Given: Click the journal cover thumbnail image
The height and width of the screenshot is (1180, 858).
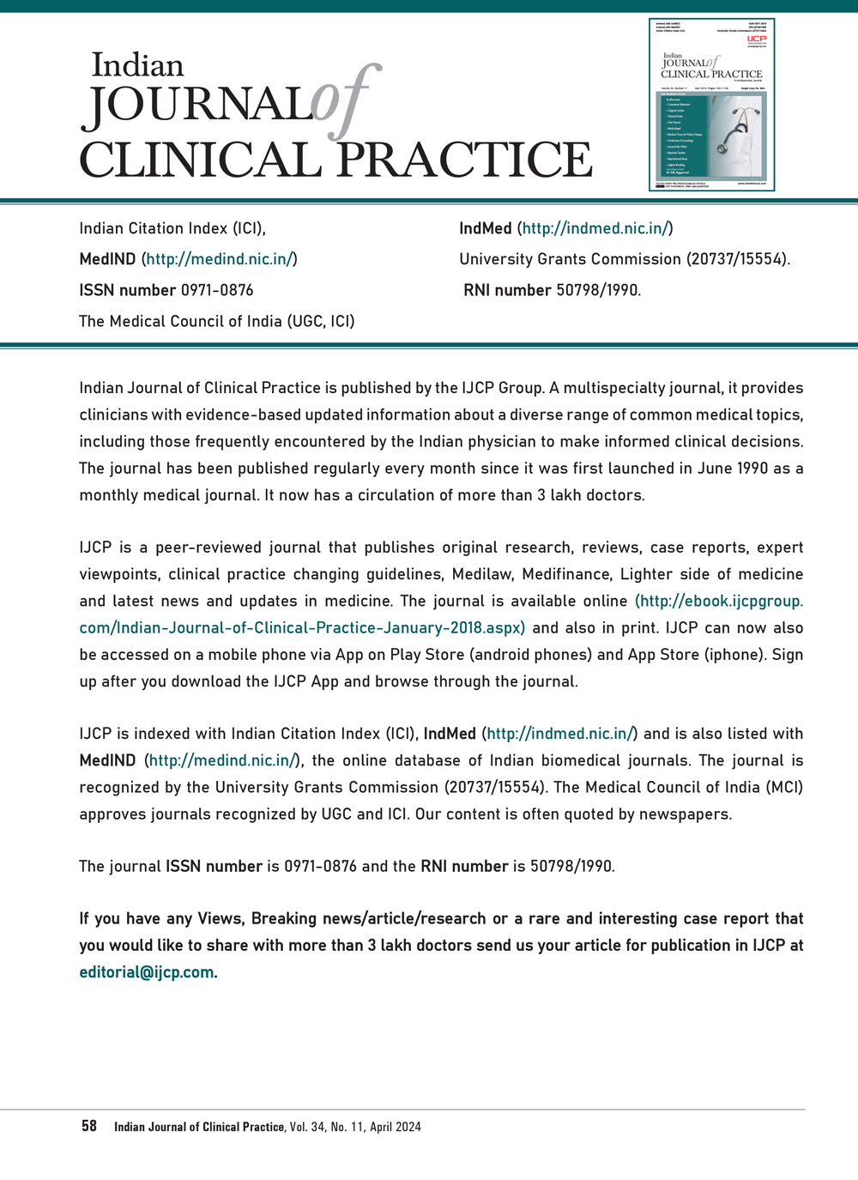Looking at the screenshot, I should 711,105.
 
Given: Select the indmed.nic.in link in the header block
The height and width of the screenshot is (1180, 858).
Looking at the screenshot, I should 595,228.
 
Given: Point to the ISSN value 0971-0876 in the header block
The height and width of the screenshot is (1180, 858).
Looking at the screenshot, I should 217,290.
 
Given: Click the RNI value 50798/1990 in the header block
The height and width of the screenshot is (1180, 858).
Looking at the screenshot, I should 597,290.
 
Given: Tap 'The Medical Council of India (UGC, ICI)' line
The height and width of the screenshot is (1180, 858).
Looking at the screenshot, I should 217,321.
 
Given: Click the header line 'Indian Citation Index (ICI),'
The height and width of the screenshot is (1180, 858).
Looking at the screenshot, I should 172,228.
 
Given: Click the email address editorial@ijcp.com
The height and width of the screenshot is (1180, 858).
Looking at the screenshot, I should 147,972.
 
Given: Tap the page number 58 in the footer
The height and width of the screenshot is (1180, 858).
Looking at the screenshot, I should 89,1126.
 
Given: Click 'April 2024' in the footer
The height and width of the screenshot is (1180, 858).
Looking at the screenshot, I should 396,1127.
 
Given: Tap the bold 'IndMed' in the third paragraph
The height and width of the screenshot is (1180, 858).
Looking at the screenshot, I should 450,734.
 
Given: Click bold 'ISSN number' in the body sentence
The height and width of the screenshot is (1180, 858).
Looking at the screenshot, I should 214,866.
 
